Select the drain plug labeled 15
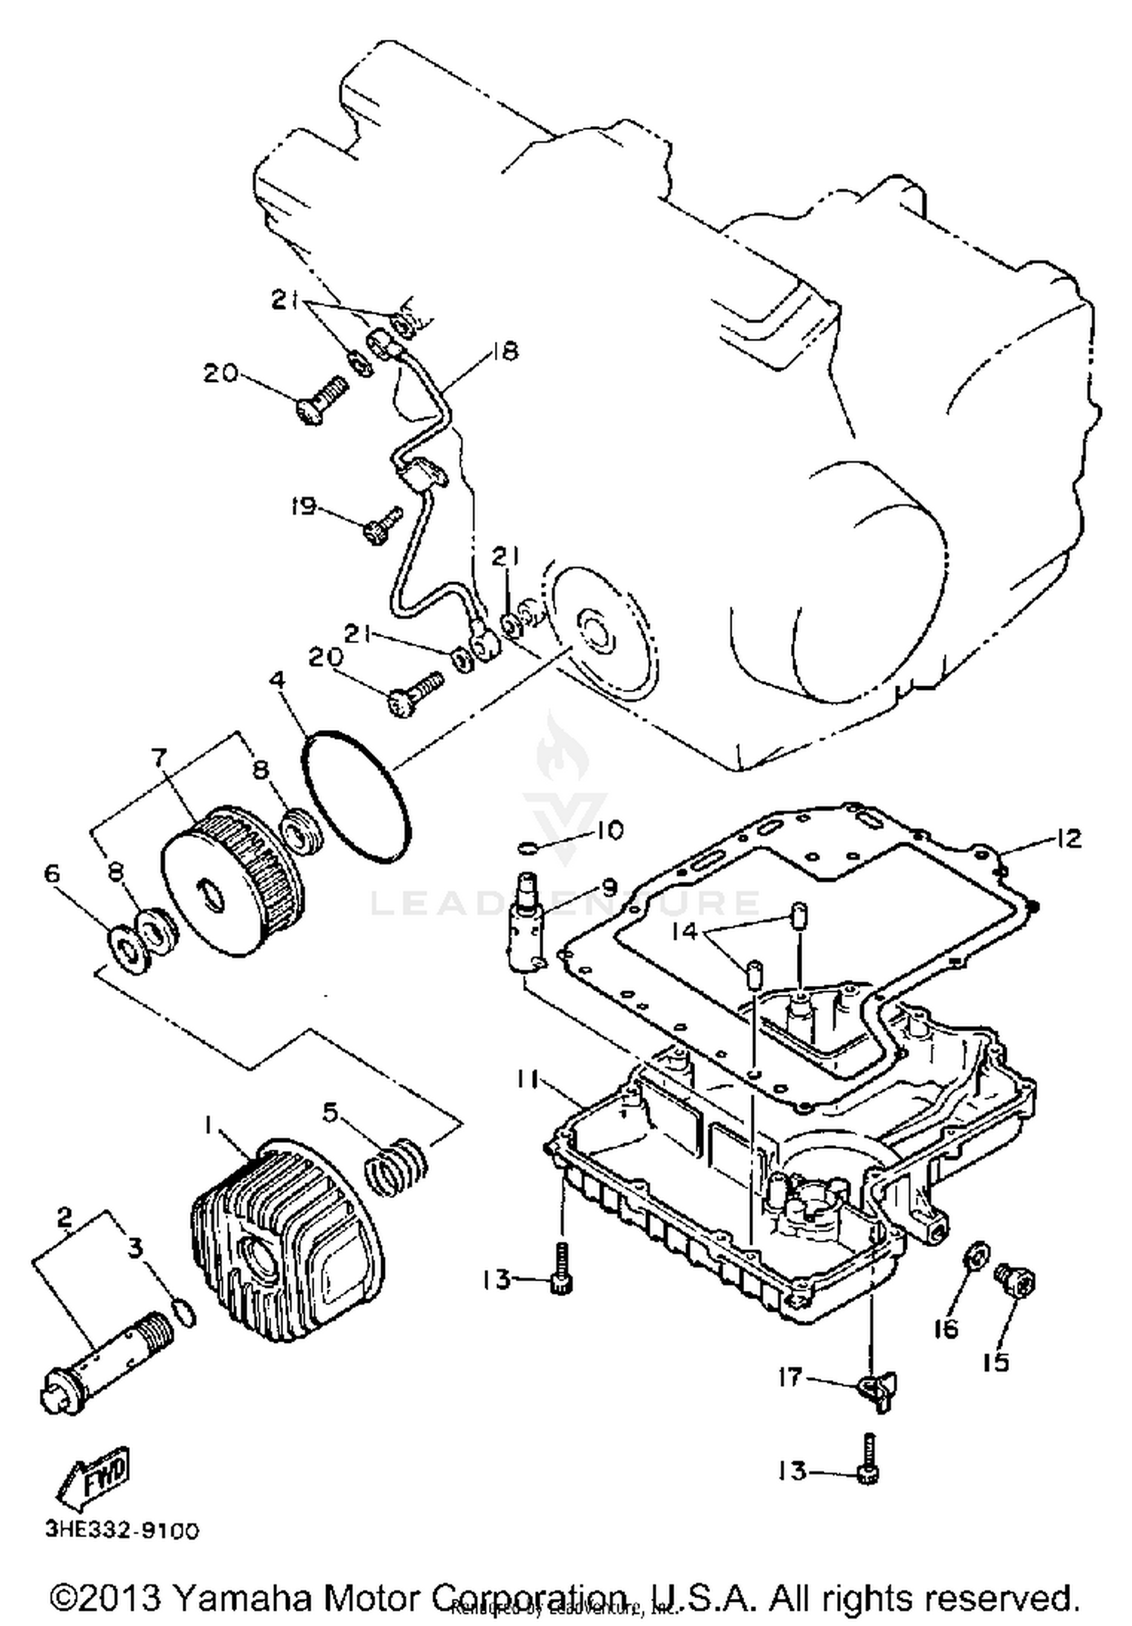(1016, 1280)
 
